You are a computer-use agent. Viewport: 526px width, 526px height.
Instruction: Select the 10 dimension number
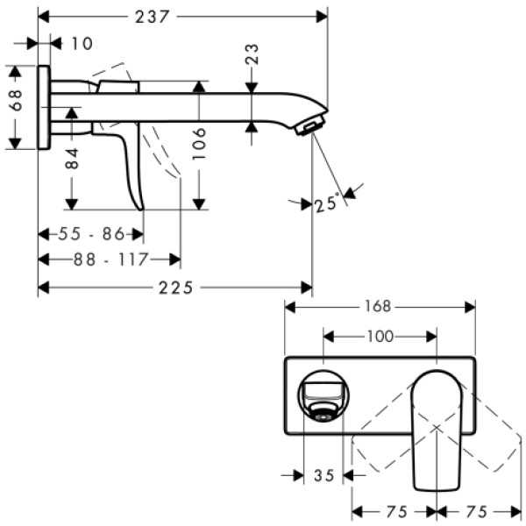[x=82, y=43]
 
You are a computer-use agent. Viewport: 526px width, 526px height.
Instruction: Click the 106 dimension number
[x=200, y=145]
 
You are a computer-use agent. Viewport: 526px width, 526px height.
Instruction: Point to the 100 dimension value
[x=380, y=336]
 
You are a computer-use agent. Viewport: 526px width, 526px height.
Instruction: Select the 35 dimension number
[x=323, y=476]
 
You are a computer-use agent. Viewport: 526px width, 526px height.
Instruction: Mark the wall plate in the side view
[x=43, y=107]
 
